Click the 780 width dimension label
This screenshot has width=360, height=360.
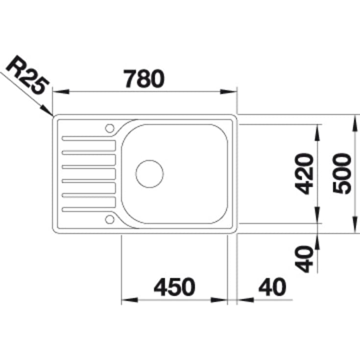pos(144,79)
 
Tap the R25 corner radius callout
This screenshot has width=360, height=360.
pos(27,75)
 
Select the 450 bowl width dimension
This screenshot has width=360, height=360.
pos(174,287)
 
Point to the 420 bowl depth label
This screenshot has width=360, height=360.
pos(304,174)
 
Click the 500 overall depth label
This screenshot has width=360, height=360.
pos(342,174)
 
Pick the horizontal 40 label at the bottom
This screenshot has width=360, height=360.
pos(272,287)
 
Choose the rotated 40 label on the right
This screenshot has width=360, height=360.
pos(304,259)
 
